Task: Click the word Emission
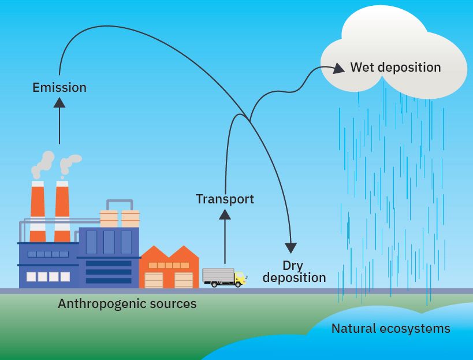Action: tap(59, 88)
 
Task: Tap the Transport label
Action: tap(225, 199)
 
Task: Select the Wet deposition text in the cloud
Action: tap(395, 67)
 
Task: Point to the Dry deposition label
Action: tap(294, 272)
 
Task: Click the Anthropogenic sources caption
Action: tap(127, 303)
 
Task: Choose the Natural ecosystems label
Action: tap(390, 329)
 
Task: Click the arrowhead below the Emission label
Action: tap(59, 102)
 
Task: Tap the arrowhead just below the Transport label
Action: tap(225, 214)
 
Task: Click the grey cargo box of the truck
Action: tap(218, 276)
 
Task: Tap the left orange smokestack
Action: tap(38, 211)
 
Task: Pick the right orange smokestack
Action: tap(62, 211)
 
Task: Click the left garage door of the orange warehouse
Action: tap(154, 280)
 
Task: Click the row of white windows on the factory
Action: tap(49, 277)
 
